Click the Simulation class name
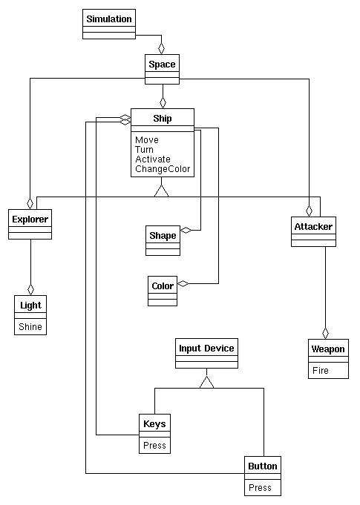pyautogui.click(x=109, y=19)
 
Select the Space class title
pyautogui.click(x=162, y=65)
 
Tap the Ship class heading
pyautogui.click(x=163, y=118)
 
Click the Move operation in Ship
pyautogui.click(x=147, y=140)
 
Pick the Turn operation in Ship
pyautogui.click(x=145, y=150)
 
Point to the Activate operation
pyautogui.click(x=153, y=159)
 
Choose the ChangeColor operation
pyautogui.click(x=163, y=169)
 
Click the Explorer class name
pyautogui.click(x=30, y=220)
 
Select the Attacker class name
pyautogui.click(x=313, y=227)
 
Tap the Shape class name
pyautogui.click(x=163, y=236)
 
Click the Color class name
pyautogui.click(x=163, y=286)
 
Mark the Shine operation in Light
pyautogui.click(x=30, y=327)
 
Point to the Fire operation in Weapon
pyautogui.click(x=321, y=371)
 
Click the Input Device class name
pyautogui.click(x=206, y=349)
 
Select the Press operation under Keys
pyautogui.click(x=154, y=446)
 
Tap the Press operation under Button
pyautogui.click(x=260, y=488)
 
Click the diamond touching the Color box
pyautogui.click(x=183, y=284)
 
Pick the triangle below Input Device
pyautogui.click(x=206, y=383)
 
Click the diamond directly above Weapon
pyautogui.click(x=326, y=333)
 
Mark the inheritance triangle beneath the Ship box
pyautogui.click(x=162, y=191)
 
